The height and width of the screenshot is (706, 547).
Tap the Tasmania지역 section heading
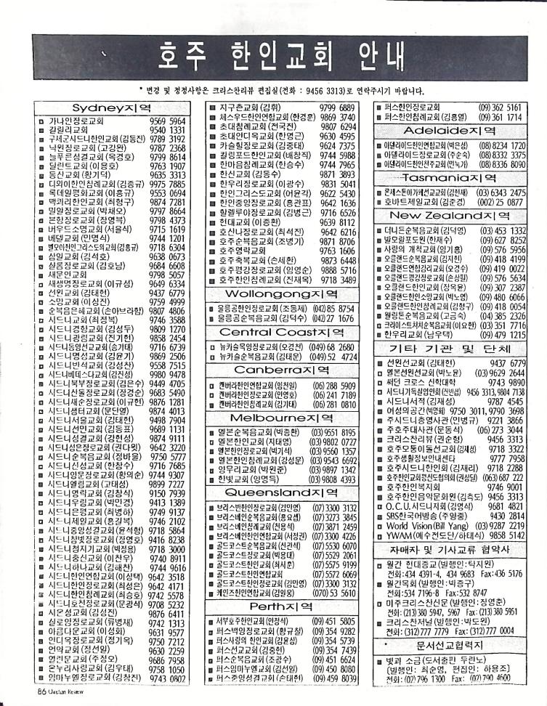pos(451,177)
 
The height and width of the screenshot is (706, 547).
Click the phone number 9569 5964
pos(169,121)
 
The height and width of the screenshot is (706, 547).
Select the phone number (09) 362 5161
pos(500,107)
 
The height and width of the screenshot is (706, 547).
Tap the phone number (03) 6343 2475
pos(501,191)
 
